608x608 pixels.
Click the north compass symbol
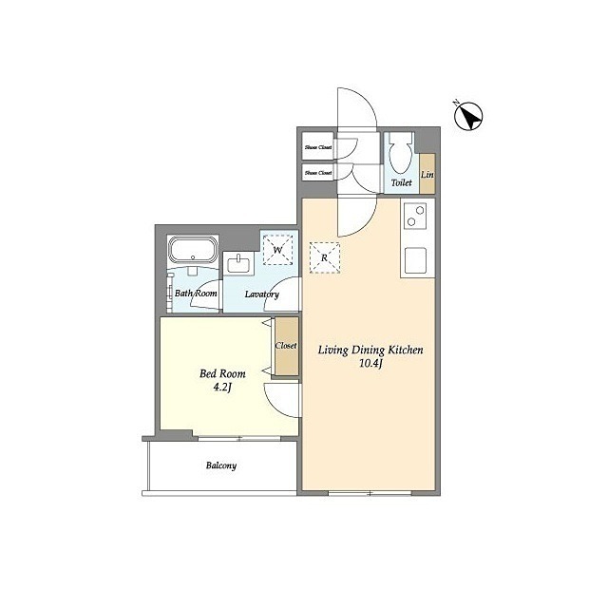tap(468, 116)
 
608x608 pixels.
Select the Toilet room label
tap(401, 182)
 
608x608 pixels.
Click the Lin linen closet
tap(427, 173)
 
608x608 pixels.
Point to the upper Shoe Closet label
tap(318, 147)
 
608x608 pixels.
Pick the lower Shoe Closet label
tap(318, 173)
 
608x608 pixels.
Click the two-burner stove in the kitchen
tap(414, 217)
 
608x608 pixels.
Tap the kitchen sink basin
tap(415, 260)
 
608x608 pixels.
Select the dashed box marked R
tap(325, 257)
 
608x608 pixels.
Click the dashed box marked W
tap(278, 250)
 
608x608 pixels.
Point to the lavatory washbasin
tap(238, 263)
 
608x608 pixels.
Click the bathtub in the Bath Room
tap(193, 251)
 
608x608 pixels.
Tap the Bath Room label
tap(196, 294)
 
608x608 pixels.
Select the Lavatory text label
tap(262, 294)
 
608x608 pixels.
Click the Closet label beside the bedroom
tap(286, 345)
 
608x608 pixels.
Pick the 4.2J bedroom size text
tap(222, 387)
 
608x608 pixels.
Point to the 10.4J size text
tap(371, 363)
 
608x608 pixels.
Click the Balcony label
tap(221, 465)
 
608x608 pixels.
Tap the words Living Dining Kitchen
tap(370, 350)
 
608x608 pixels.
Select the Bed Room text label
tap(222, 373)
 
